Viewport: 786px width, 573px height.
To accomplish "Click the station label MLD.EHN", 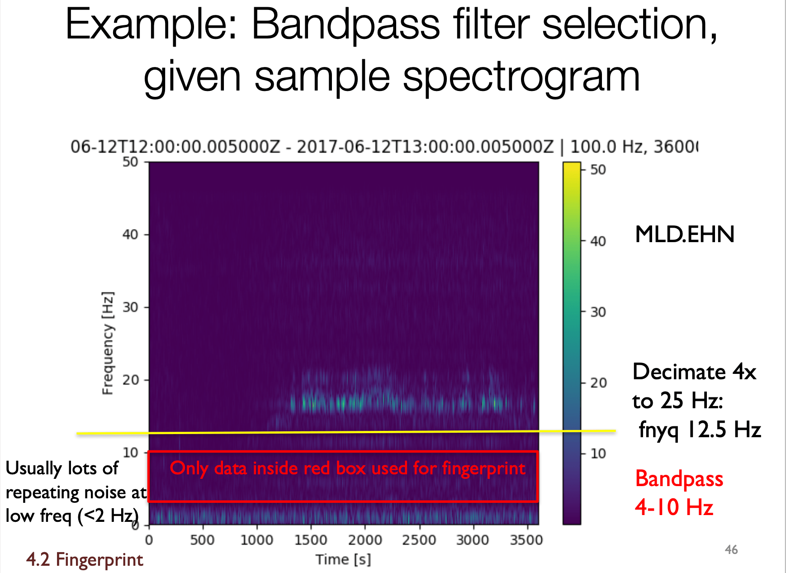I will pyautogui.click(x=684, y=234).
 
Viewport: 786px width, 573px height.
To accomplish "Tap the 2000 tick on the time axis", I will pyautogui.click(x=365, y=540).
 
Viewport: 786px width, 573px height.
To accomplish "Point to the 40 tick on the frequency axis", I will pyautogui.click(x=130, y=234).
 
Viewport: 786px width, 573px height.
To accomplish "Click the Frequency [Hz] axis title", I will pyautogui.click(x=108, y=343).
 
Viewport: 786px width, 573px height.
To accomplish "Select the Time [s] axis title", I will pyautogui.click(x=343, y=559).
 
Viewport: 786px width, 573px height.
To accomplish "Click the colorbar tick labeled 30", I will pyautogui.click(x=598, y=312).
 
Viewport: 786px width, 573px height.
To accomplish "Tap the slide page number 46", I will pyautogui.click(x=731, y=549).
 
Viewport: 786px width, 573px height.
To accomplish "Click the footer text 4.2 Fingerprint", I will pyautogui.click(x=85, y=559).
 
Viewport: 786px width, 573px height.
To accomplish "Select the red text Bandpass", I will pyautogui.click(x=679, y=479).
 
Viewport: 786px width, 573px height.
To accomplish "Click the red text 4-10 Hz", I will pyautogui.click(x=674, y=507).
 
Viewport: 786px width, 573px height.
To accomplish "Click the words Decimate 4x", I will pyautogui.click(x=694, y=372).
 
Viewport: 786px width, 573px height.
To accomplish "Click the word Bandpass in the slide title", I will pyautogui.click(x=346, y=24).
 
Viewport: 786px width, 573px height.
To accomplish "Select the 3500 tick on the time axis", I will pyautogui.click(x=526, y=540).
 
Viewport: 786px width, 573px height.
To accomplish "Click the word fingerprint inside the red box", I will pyautogui.click(x=483, y=468).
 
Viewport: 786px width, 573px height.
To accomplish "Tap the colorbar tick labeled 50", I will pyautogui.click(x=598, y=170).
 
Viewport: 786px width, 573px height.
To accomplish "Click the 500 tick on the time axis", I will pyautogui.click(x=202, y=540).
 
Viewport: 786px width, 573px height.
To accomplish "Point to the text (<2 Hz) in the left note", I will pyautogui.click(x=108, y=516).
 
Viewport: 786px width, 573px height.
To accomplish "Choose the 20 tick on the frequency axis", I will pyautogui.click(x=130, y=380).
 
